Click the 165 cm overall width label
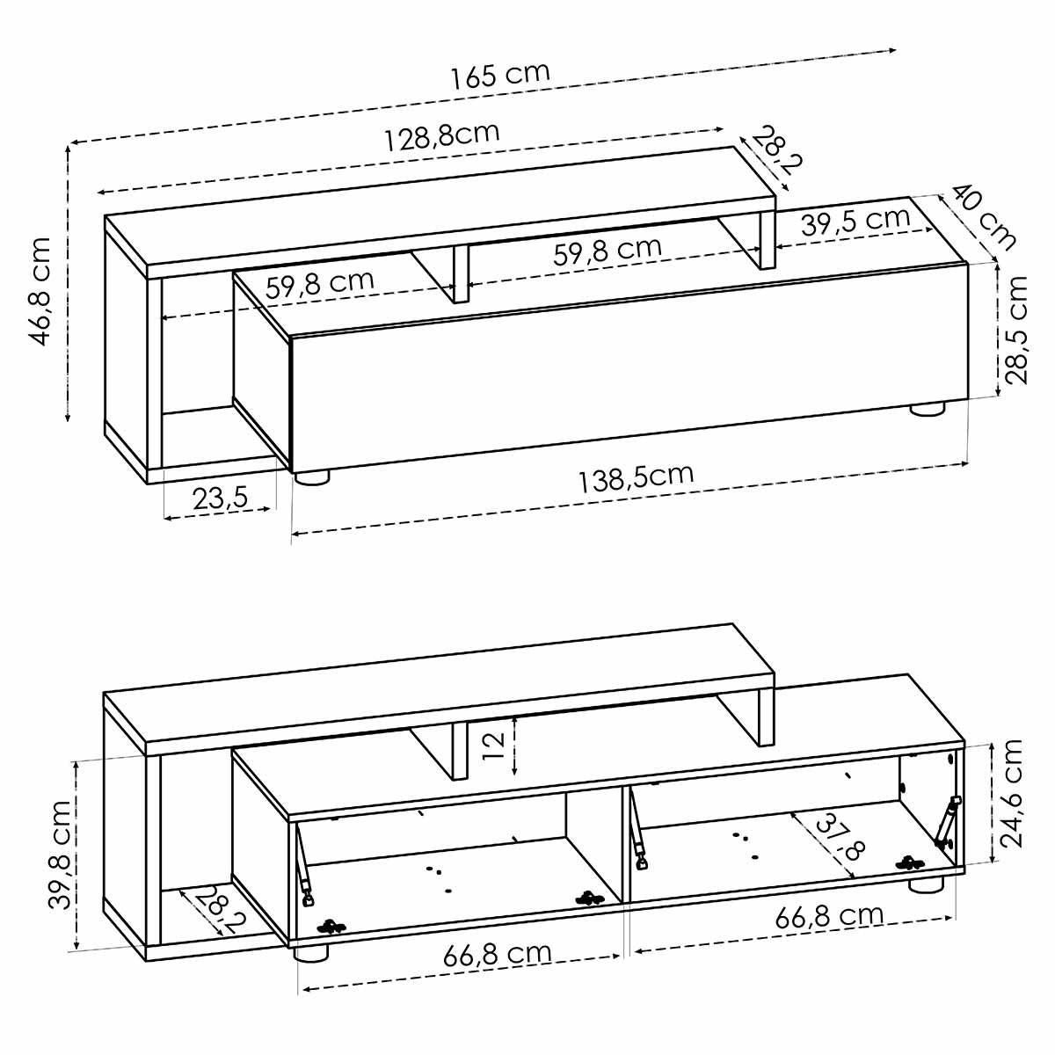(500, 76)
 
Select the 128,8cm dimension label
(442, 135)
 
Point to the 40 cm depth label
(984, 215)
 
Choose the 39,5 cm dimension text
(855, 221)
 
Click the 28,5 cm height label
(1017, 330)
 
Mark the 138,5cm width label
(636, 477)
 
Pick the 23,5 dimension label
(220, 498)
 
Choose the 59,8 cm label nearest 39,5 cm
(607, 250)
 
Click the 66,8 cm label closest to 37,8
(829, 916)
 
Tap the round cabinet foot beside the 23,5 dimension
(311, 477)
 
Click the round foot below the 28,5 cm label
(927, 409)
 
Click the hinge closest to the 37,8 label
(910, 864)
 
